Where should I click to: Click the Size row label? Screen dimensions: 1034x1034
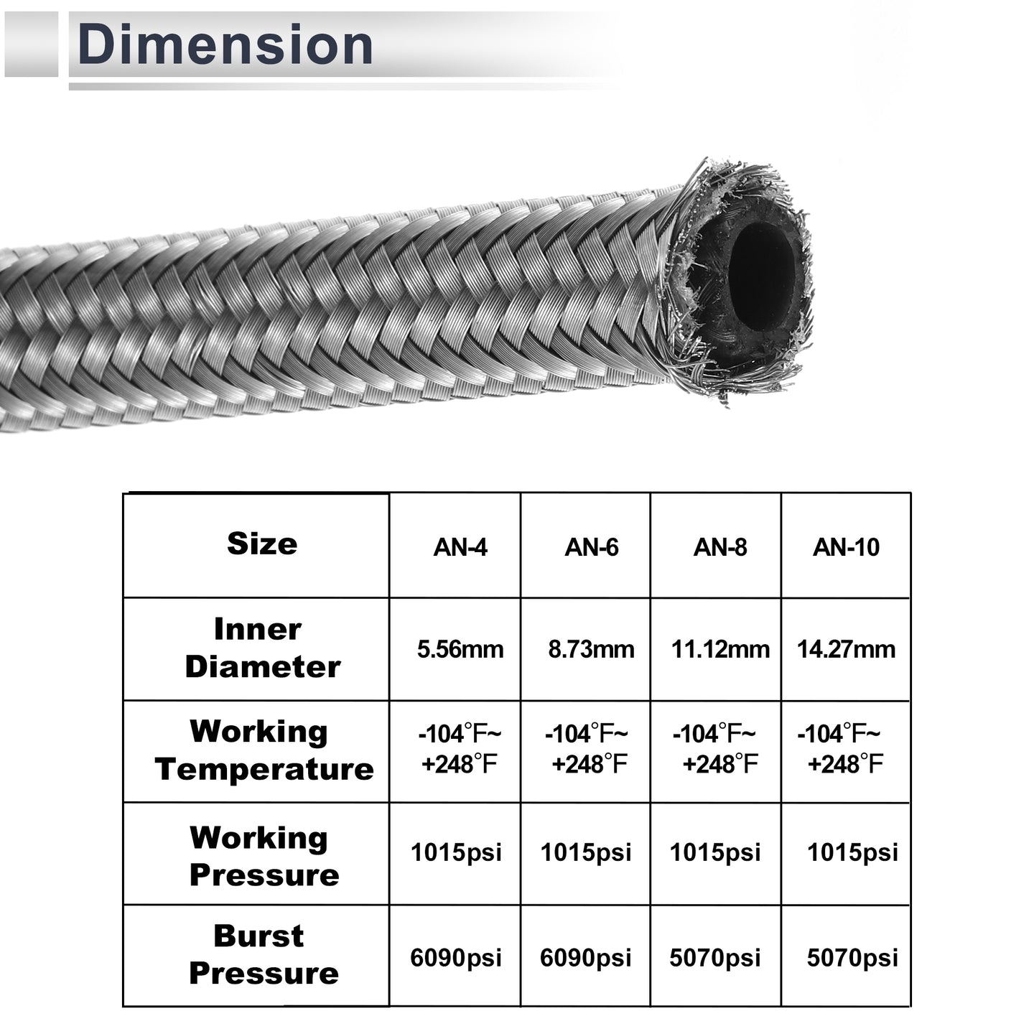tap(262, 544)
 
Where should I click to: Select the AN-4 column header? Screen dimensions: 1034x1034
tap(460, 547)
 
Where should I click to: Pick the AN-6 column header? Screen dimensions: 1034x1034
tap(591, 547)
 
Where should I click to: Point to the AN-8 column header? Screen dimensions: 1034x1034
tap(720, 547)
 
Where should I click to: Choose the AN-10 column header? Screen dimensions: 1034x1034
tap(846, 547)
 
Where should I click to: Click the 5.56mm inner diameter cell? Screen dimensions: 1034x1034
tap(460, 650)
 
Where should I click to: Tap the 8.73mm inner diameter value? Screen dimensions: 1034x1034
tap(591, 650)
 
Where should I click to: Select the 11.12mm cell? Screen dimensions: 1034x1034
tap(721, 650)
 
